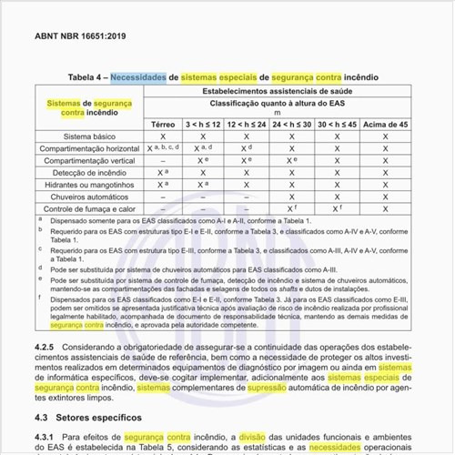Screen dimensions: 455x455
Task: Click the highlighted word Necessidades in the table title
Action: [138, 78]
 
